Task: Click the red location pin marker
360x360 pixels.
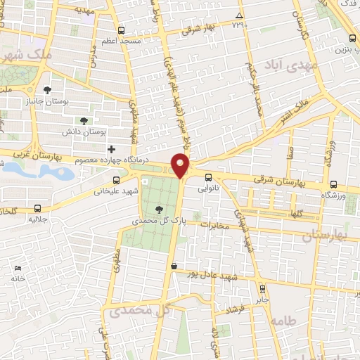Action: [181, 166]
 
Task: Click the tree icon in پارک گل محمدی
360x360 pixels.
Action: [160, 209]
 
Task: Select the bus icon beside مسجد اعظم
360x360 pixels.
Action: [122, 30]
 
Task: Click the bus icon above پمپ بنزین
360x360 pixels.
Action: [352, 39]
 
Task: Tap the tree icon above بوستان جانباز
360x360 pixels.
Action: [46, 90]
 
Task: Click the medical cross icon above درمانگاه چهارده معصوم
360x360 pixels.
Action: [111, 149]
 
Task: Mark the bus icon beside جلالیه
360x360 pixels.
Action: [37, 208]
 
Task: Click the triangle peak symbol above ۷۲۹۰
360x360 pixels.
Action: [240, 15]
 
